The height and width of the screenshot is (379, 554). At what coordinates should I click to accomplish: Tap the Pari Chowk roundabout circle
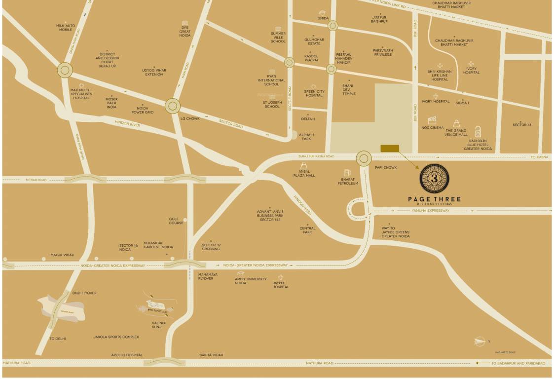(364, 159)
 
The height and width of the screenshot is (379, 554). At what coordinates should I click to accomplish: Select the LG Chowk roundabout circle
(172, 106)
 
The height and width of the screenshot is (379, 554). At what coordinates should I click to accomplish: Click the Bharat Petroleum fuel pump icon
(347, 172)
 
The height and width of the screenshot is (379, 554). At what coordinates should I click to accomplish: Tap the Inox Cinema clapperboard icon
(432, 120)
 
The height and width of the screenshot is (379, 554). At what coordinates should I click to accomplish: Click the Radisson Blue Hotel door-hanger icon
(478, 132)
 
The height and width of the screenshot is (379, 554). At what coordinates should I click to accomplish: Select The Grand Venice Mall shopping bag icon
(456, 123)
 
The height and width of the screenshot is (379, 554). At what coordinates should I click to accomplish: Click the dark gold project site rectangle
(390, 149)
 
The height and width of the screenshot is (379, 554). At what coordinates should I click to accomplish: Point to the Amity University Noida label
(251, 281)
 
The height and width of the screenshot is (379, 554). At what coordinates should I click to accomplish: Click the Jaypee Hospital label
(281, 285)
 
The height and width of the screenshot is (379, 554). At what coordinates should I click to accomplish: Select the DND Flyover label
(84, 293)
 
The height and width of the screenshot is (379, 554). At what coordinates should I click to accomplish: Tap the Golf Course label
(176, 221)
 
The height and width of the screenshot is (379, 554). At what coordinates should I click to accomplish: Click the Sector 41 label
(522, 125)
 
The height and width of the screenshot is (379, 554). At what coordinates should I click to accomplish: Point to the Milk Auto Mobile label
(66, 27)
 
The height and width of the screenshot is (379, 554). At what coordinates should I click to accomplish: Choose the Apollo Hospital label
(127, 355)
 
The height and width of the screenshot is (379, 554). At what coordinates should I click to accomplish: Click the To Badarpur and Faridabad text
(518, 363)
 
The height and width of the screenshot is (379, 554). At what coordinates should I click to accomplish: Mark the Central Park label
(307, 230)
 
